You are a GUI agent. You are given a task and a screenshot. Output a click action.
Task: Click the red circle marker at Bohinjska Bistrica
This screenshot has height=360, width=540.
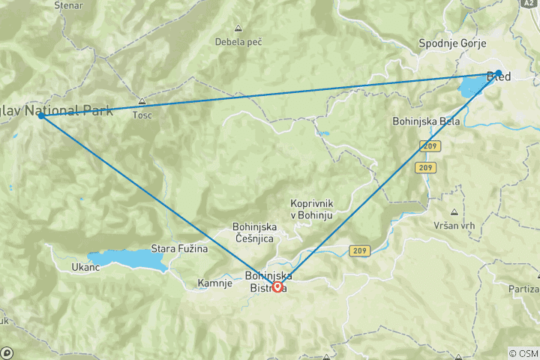click(277, 286)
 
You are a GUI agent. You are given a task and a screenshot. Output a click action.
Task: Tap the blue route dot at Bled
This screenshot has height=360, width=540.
click(498, 73)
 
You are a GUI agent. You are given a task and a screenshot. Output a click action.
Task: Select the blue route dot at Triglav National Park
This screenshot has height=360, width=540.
click(41, 116)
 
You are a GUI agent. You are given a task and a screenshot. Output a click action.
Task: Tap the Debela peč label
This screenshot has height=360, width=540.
click(238, 41)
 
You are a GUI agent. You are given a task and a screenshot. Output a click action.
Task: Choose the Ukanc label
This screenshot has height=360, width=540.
click(85, 267)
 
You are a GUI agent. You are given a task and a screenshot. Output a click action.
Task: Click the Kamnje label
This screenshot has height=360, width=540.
click(214, 283)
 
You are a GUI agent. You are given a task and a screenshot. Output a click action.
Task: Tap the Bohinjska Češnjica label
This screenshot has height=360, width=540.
click(255, 232)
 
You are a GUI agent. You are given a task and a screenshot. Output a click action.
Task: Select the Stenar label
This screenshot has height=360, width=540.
click(68, 5)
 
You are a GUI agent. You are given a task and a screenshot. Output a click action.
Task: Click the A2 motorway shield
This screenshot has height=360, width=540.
click(530, 3)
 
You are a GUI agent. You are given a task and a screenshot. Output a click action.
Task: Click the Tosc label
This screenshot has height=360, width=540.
click(142, 115)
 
